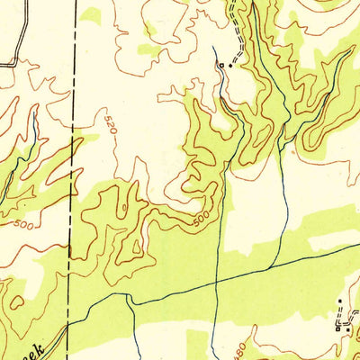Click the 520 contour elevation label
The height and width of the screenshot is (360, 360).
pos(110,124)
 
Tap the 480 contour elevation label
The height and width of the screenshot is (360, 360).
pos(240,346)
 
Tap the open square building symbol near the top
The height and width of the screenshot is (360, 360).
pos(220,66)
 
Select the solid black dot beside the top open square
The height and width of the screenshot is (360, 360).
pos(229,65)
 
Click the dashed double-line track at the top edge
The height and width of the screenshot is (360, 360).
pos(237,7)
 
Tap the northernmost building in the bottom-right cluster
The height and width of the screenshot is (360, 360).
pos(340,299)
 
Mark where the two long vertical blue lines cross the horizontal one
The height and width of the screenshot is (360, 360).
pos(216,282)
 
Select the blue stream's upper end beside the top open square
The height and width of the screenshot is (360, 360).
pos(213,47)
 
